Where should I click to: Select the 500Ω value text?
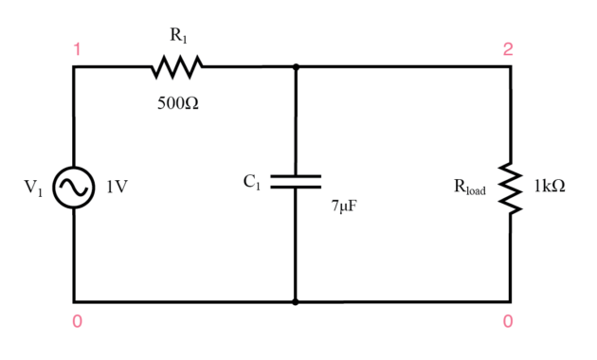point(178,102)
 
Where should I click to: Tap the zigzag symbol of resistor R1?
point(176,67)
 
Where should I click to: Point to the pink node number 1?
point(77,49)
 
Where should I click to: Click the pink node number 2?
point(508,49)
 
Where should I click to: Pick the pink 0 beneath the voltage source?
point(77,322)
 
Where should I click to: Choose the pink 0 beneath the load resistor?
point(508,322)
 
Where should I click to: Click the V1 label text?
point(34,188)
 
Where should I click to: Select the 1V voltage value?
point(117,188)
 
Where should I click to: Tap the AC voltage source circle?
point(73,187)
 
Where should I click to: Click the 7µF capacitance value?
point(344,206)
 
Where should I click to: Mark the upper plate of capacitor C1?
point(296,176)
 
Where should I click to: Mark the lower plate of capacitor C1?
point(296,188)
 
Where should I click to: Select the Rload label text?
point(470,188)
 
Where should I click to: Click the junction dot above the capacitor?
point(296,67)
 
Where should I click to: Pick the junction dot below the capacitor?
point(296,302)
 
